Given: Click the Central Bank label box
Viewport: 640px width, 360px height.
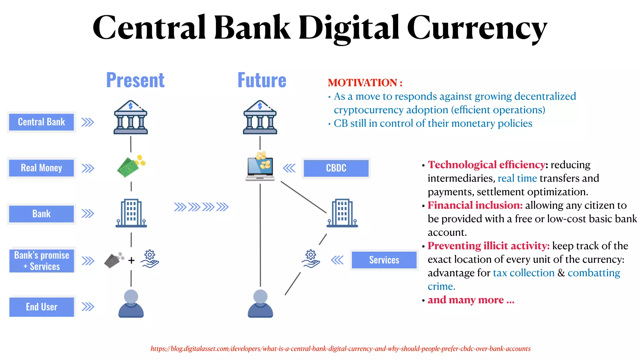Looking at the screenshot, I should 41,122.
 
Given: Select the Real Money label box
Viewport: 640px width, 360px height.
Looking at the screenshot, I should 41,168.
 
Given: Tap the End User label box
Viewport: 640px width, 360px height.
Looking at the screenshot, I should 42,307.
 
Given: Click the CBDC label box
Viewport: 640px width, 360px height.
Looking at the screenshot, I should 336,168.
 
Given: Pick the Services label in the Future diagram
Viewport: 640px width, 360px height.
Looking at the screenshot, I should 384,260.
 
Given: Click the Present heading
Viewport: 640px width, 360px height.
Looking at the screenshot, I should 135,80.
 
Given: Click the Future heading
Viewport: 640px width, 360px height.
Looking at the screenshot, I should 262,80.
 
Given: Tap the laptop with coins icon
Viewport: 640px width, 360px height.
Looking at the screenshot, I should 260,167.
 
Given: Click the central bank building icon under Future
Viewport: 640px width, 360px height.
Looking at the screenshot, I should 260,118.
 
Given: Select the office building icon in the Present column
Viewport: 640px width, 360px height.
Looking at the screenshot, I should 131,213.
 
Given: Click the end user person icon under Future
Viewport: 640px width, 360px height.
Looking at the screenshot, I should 260,304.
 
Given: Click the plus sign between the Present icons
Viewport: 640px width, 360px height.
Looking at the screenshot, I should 132,260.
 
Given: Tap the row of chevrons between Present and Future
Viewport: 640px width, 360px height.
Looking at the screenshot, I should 201,207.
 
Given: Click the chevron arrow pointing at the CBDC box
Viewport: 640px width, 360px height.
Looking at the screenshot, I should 289,168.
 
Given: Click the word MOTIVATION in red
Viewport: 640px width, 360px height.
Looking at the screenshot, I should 362,83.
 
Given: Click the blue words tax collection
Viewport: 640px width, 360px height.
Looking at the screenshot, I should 523,273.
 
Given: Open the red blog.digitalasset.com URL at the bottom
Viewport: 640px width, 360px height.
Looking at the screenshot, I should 340,349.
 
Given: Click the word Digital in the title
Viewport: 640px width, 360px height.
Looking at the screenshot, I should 349,28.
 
